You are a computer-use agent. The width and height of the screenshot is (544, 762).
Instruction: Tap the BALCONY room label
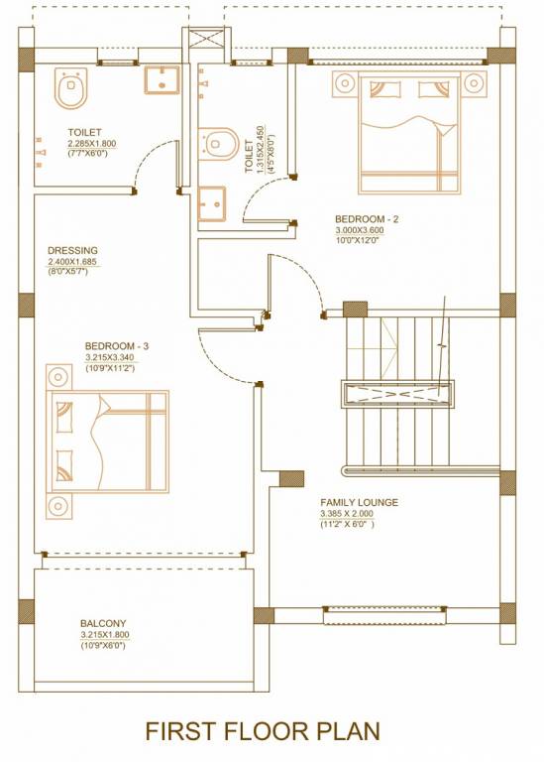[104, 624]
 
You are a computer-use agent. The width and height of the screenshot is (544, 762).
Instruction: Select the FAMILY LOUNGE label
[359, 503]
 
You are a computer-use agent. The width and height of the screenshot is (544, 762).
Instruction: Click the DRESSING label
[72, 250]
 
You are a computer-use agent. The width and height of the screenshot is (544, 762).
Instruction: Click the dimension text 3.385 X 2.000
[347, 514]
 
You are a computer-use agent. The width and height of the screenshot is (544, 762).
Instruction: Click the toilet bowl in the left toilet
[69, 88]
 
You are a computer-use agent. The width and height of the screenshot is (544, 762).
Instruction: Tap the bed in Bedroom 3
[107, 440]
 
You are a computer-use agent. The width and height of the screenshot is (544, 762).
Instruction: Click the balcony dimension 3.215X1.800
[104, 635]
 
